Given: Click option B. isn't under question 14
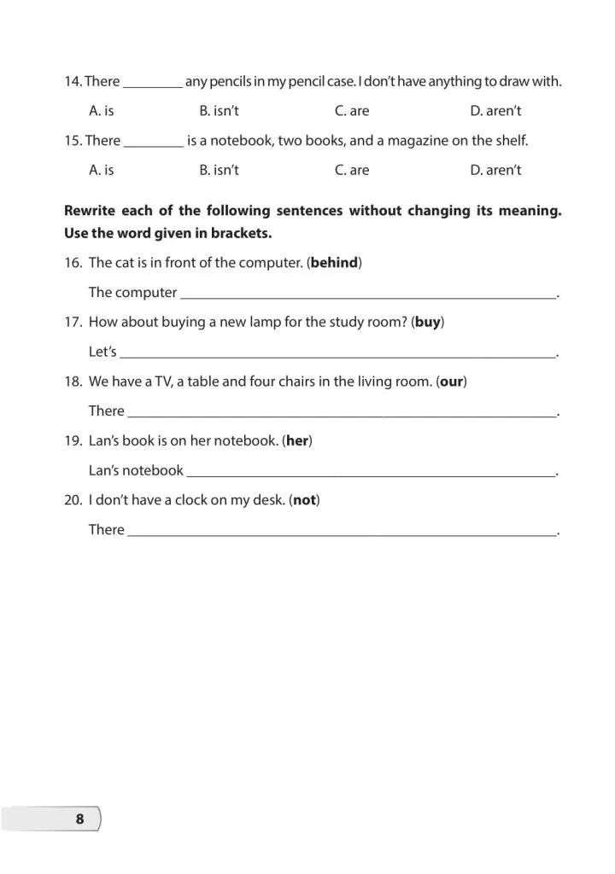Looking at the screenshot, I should point(219,111).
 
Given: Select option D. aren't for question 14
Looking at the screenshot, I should point(495,111).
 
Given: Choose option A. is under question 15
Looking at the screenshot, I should point(101,170).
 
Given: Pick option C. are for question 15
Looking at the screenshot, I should point(352,170).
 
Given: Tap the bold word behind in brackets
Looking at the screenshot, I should point(334,263).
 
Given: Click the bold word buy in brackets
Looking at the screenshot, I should point(427,322).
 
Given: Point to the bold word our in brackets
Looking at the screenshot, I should point(452,382).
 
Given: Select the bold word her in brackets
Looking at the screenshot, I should point(297,440).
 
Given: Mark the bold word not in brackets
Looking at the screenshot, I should point(304,500).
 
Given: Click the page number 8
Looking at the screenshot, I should point(80,819).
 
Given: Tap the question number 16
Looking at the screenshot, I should point(73,263).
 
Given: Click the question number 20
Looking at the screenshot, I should point(73,500).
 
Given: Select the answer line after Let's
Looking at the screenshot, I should point(337,354).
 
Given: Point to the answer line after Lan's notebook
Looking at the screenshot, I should point(371,472).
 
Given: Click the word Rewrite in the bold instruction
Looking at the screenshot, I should point(91,210).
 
